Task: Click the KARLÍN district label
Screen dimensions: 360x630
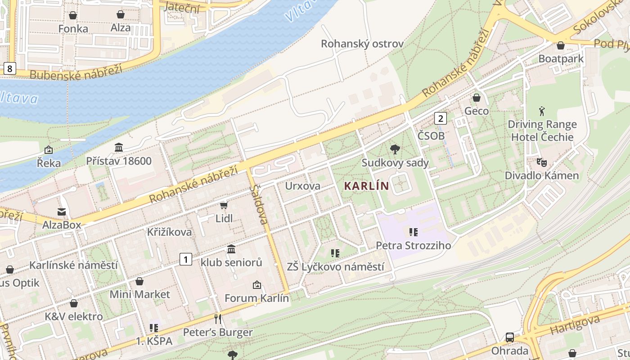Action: [366, 185]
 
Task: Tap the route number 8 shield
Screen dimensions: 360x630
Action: [9, 68]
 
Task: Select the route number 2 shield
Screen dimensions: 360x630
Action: [440, 118]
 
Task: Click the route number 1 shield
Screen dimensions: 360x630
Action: [185, 259]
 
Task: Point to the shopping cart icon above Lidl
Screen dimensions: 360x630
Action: [224, 205]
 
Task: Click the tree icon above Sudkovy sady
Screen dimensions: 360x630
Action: [395, 149]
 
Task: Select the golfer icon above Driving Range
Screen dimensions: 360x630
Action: [542, 111]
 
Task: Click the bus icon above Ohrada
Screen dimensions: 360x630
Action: [509, 337]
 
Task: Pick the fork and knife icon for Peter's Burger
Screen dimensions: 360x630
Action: [218, 319]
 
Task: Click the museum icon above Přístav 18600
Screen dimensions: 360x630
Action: [119, 147]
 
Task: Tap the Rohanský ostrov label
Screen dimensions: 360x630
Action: [362, 44]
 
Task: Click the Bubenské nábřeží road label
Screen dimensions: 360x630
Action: [76, 72]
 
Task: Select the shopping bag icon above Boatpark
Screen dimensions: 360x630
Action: [561, 45]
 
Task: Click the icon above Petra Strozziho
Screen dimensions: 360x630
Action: [413, 232]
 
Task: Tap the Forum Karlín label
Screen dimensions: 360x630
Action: [256, 298]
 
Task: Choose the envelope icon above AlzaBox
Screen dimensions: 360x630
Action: [62, 211]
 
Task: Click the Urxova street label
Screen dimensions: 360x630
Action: [303, 186]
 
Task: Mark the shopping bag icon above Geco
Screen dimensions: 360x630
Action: [476, 98]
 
